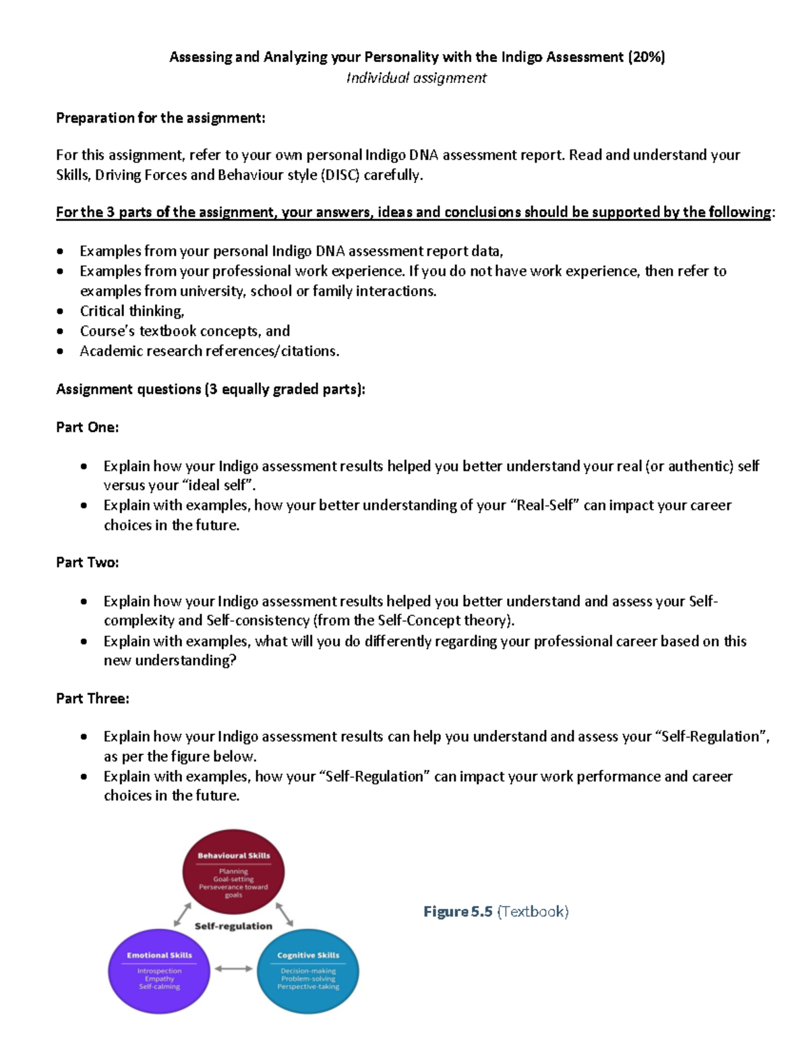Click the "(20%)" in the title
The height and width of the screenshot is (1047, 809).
pyautogui.click(x=646, y=57)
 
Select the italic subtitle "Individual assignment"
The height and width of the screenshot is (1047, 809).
pyautogui.click(x=416, y=78)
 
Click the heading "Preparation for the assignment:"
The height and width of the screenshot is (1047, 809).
pyautogui.click(x=160, y=118)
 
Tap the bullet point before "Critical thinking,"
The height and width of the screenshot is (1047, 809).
pyautogui.click(x=61, y=311)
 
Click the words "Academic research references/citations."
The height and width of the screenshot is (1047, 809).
pyautogui.click(x=209, y=351)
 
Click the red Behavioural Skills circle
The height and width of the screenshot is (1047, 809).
pyautogui.click(x=233, y=872)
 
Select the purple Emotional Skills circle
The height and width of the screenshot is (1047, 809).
pyautogui.click(x=159, y=971)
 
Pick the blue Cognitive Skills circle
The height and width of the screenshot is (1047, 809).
pyautogui.click(x=308, y=971)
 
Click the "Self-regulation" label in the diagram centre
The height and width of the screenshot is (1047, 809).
pyautogui.click(x=233, y=926)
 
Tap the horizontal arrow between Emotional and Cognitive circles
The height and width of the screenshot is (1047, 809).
pyautogui.click(x=233, y=969)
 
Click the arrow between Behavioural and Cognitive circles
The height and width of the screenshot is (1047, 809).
pyautogui.click(x=284, y=914)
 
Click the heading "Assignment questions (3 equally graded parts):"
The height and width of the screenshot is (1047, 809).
pyautogui.click(x=210, y=390)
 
